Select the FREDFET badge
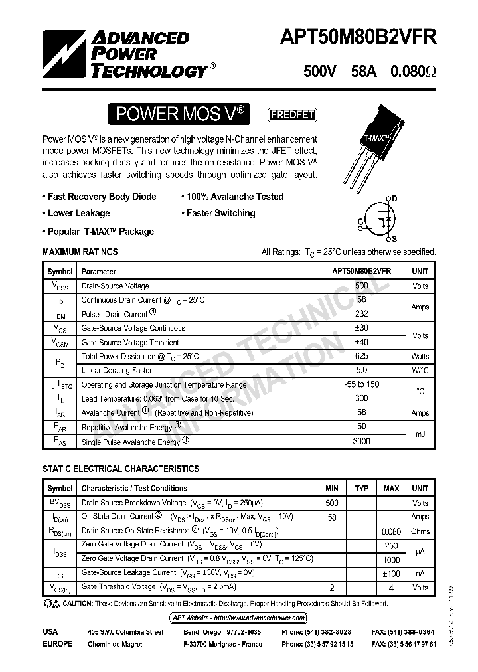(291, 114)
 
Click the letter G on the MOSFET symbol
(360, 222)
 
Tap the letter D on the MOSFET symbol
(394, 199)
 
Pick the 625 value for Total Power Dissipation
(361, 357)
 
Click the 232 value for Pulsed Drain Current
(361, 314)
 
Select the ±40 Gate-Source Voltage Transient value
(361, 342)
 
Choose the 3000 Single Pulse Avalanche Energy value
(361, 441)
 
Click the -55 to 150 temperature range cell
(361, 384)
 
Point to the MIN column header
(331, 489)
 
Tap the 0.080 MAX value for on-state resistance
(391, 531)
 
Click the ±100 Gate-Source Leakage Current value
(391, 573)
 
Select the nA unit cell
(420, 573)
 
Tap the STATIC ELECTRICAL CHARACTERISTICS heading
(121, 469)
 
